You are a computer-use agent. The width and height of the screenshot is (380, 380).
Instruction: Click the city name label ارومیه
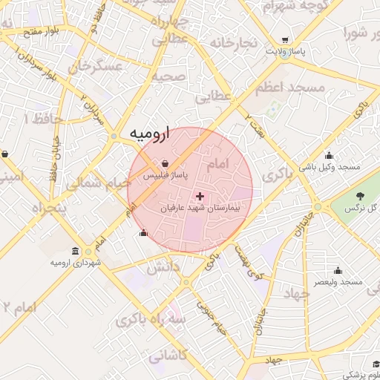(x=150, y=134)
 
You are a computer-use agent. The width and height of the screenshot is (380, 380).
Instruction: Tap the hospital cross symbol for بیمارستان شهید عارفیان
(x=200, y=196)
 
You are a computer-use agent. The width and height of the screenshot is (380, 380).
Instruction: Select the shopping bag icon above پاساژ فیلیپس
(x=165, y=163)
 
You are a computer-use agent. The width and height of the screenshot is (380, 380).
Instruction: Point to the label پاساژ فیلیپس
(x=165, y=175)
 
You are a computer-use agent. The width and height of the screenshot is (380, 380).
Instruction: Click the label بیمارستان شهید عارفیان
(x=199, y=209)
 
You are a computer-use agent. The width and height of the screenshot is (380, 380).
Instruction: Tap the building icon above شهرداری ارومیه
(x=76, y=251)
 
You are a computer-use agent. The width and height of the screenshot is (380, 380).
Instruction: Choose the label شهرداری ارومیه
(x=75, y=263)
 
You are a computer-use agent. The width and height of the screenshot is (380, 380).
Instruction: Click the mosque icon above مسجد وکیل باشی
(x=329, y=155)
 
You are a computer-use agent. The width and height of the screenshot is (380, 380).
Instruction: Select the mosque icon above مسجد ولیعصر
(x=338, y=270)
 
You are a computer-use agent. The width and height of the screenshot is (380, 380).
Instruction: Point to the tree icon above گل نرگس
(x=360, y=196)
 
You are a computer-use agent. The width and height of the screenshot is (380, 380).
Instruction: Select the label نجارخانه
(x=234, y=42)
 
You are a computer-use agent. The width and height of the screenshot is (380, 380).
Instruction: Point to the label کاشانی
(x=169, y=357)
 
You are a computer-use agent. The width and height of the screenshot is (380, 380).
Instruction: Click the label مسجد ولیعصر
(x=337, y=283)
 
